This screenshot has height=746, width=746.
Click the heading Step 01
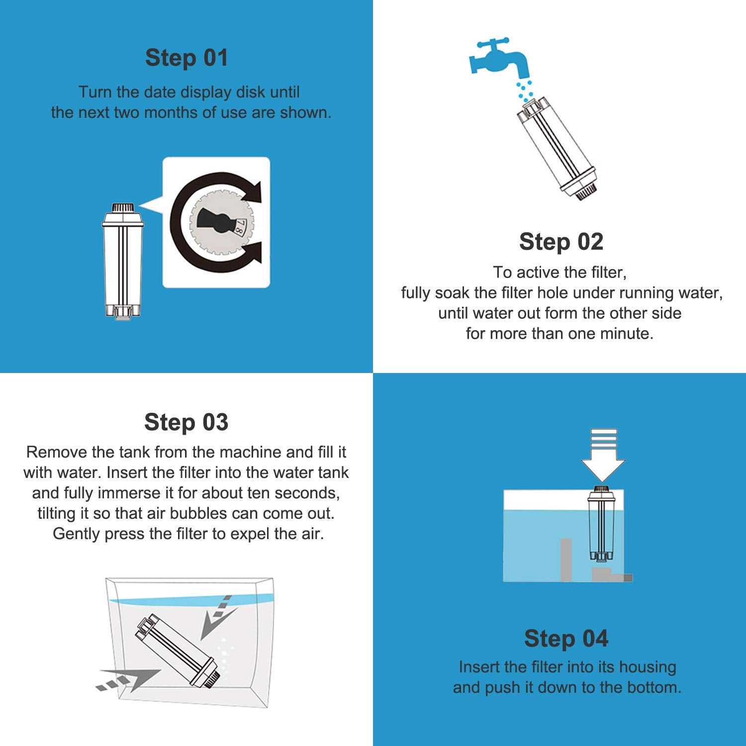pyautogui.click(x=186, y=58)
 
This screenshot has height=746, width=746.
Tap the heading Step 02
pyautogui.click(x=561, y=242)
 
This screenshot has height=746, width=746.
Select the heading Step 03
pyautogui.click(x=186, y=422)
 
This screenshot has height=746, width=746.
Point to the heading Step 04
pyautogui.click(x=566, y=639)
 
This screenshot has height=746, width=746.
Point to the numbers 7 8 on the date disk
pyautogui.click(x=239, y=228)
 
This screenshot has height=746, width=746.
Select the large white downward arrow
pyautogui.click(x=603, y=455)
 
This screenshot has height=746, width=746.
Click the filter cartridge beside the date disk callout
pyautogui.click(x=122, y=261)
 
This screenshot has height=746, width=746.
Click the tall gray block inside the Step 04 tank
pyautogui.click(x=566, y=559)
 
